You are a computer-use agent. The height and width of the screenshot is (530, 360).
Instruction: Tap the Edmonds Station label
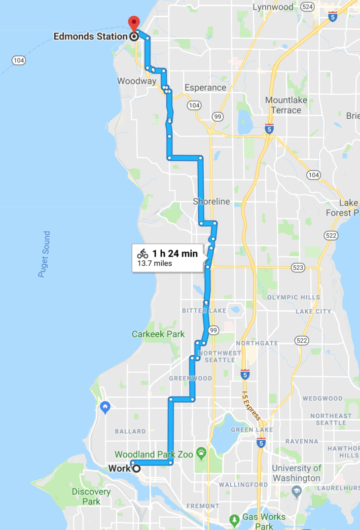(91, 36)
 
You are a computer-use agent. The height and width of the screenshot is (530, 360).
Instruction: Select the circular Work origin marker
(137, 468)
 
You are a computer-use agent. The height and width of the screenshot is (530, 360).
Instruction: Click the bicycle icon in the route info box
(143, 254)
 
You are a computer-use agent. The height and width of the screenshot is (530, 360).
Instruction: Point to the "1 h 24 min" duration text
(175, 254)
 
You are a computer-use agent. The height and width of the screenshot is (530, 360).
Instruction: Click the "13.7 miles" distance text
(154, 264)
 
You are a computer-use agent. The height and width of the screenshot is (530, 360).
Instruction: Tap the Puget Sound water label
(44, 254)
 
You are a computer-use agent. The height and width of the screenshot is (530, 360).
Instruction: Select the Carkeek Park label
(158, 334)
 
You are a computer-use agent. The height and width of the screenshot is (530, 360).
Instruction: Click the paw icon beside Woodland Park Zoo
(201, 452)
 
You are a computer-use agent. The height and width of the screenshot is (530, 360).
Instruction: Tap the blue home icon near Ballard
(105, 407)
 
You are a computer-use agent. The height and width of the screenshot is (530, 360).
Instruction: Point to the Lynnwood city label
(273, 7)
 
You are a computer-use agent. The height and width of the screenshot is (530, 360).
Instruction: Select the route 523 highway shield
(298, 267)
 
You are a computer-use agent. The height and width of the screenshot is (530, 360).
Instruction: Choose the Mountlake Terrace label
(286, 105)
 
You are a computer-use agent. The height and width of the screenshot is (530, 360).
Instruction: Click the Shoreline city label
(212, 201)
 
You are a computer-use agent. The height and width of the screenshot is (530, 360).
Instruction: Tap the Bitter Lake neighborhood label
(204, 311)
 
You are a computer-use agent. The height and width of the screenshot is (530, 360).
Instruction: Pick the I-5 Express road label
(251, 406)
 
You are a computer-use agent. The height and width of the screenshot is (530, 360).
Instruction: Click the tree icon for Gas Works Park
(235, 519)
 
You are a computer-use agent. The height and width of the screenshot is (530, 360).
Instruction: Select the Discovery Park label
(91, 496)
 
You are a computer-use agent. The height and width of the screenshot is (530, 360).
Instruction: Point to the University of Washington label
(296, 473)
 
